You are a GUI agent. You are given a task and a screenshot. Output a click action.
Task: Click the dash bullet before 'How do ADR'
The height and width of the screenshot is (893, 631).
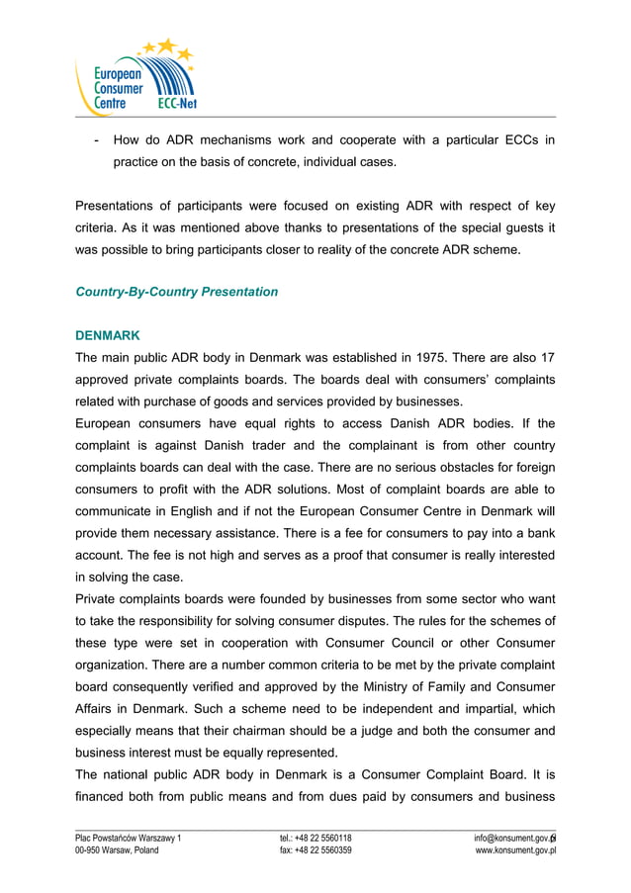click(96, 140)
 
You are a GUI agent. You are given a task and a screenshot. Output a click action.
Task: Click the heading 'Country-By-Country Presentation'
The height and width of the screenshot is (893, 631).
click(176, 292)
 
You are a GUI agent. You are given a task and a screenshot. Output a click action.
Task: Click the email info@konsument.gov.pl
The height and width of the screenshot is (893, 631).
click(512, 838)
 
